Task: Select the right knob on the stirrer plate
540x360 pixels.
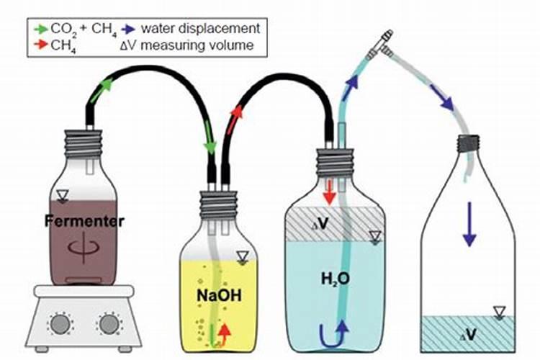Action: click(x=109, y=323)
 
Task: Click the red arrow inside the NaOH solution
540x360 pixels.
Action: click(x=225, y=333)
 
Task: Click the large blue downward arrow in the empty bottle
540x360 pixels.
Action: click(x=469, y=224)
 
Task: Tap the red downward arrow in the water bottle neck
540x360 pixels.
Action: click(x=328, y=192)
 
